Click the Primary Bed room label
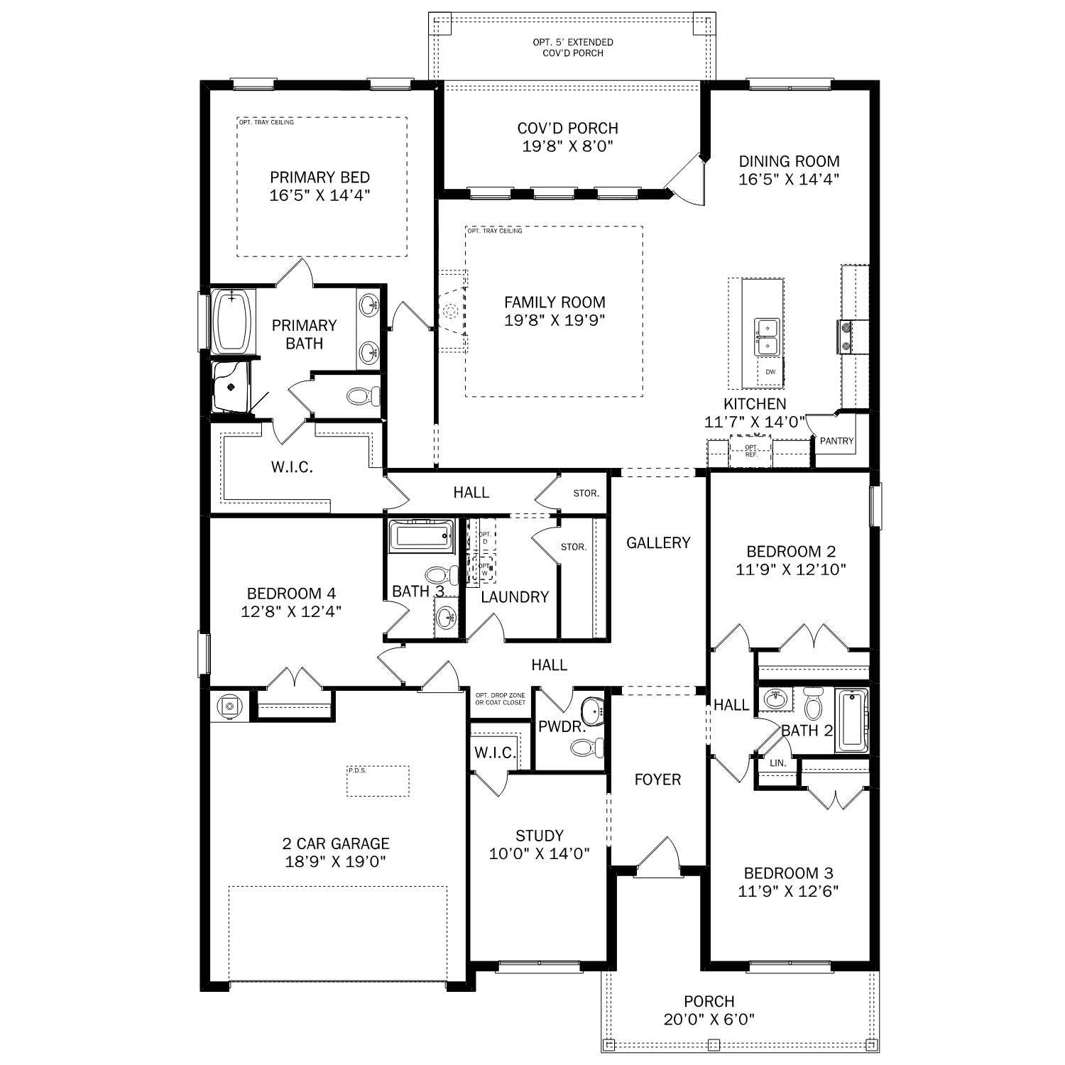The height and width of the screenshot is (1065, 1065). tap(319, 177)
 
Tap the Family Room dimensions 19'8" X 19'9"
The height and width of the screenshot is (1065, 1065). tap(555, 320)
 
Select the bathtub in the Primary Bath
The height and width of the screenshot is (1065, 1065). tap(232, 322)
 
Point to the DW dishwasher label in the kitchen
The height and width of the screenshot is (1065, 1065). tap(770, 372)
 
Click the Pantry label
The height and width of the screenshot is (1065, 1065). tap(836, 441)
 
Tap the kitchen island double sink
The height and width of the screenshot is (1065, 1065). tap(767, 337)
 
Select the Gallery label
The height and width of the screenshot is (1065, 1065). tap(658, 542)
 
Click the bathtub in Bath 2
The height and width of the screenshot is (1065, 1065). tap(850, 721)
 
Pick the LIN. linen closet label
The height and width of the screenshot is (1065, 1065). tap(778, 763)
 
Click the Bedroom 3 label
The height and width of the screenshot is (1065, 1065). tap(788, 873)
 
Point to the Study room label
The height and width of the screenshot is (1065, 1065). tap(540, 836)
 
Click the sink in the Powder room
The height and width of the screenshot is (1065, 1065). tap(591, 709)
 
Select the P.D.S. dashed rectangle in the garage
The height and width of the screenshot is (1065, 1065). tap(378, 781)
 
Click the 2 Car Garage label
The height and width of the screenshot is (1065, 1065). tap(336, 843)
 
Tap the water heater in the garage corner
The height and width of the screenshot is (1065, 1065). tap(229, 706)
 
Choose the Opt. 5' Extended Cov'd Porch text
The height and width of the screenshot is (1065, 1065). tap(572, 48)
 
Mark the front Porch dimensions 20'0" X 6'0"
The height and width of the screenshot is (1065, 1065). tap(709, 1020)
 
